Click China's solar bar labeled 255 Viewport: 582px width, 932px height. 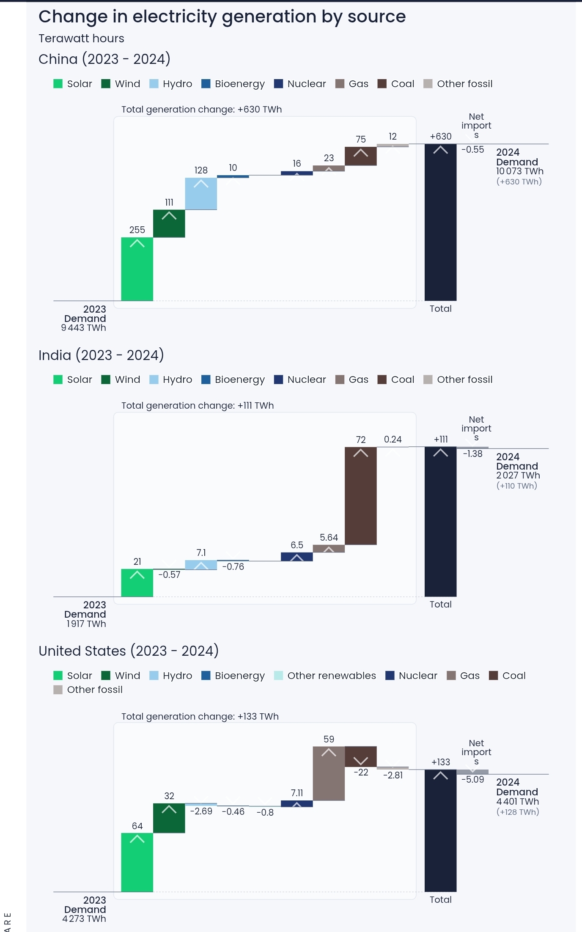coord(137,269)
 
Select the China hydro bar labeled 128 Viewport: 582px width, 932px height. coord(201,194)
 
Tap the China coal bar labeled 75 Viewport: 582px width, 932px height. coord(360,156)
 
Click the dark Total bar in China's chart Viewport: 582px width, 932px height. coord(440,222)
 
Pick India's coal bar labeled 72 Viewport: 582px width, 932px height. coord(360,496)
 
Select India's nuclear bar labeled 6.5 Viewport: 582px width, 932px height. coord(296,557)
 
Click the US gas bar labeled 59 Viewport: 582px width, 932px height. coord(329,773)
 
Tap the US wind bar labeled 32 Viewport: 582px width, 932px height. coord(169,818)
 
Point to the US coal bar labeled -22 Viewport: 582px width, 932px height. coord(360,756)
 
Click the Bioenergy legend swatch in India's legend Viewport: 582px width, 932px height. coord(206,379)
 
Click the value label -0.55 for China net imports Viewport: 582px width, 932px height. coord(472,149)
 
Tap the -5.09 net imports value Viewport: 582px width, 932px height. coord(472,779)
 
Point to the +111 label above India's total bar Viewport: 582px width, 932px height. coord(440,439)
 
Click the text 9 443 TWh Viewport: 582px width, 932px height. coord(83,327)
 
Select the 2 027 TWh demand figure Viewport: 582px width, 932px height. coord(518,475)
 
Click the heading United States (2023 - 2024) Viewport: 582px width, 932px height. coord(129,651)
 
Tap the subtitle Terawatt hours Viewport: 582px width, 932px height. coord(81,38)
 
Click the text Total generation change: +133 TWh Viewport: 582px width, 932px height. coord(200,716)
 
